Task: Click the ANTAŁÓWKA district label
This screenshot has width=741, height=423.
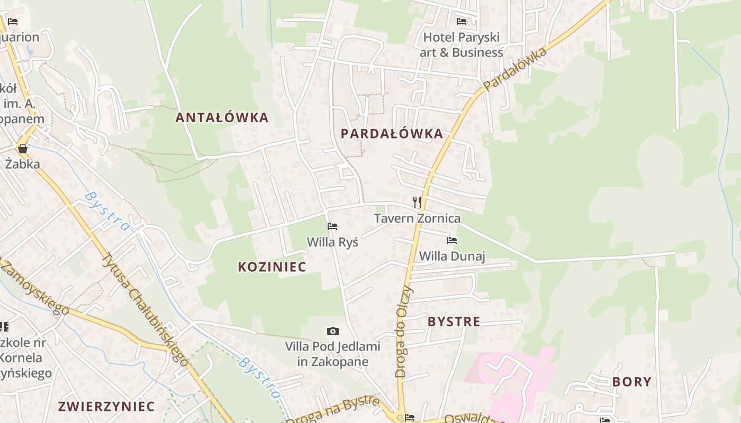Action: click(222, 117)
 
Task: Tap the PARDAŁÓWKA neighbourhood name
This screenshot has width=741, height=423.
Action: click(392, 133)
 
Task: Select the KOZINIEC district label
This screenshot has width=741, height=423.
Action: click(272, 267)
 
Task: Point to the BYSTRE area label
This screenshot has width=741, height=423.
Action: click(454, 321)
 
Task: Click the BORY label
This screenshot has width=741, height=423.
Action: click(632, 382)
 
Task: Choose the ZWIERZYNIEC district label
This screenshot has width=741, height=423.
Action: click(106, 407)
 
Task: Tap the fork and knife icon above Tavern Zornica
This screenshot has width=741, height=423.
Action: click(417, 202)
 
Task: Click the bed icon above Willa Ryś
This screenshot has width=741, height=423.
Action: click(332, 226)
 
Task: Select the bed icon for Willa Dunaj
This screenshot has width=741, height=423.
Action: click(452, 241)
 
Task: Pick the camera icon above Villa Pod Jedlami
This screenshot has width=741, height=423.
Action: click(332, 332)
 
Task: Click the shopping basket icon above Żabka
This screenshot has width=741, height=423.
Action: click(23, 149)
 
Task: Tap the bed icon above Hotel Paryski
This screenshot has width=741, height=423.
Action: click(462, 22)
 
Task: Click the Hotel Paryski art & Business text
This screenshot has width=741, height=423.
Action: click(462, 45)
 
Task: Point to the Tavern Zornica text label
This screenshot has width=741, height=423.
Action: click(417, 218)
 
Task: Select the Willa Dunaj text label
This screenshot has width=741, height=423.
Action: click(452, 256)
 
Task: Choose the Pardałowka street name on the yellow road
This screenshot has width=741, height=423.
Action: click(514, 69)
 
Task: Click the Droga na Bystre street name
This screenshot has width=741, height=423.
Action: click(333, 409)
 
